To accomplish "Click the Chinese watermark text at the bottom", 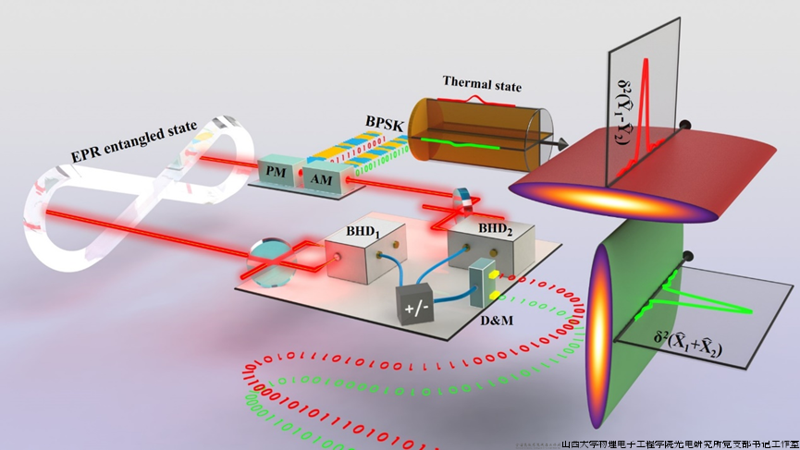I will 680,443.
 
